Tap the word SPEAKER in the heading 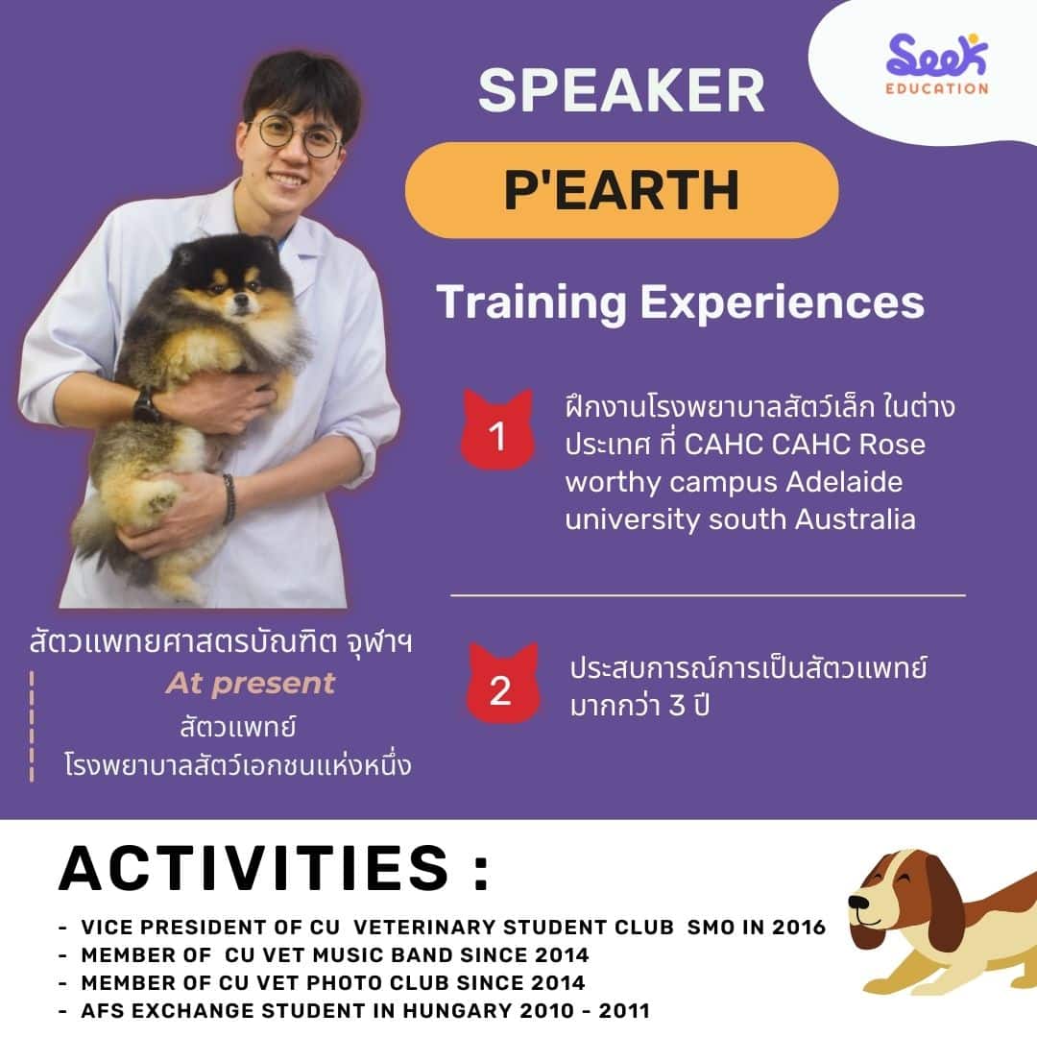click(x=621, y=90)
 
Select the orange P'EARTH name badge click(x=621, y=190)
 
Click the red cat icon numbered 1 click(x=497, y=430)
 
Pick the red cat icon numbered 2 click(x=502, y=684)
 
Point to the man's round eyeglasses click(x=298, y=135)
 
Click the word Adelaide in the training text click(x=844, y=481)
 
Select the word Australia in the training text click(x=856, y=519)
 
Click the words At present click(x=251, y=684)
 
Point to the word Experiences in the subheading click(x=782, y=302)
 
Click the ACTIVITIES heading click(x=274, y=868)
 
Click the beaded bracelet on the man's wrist click(x=229, y=498)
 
